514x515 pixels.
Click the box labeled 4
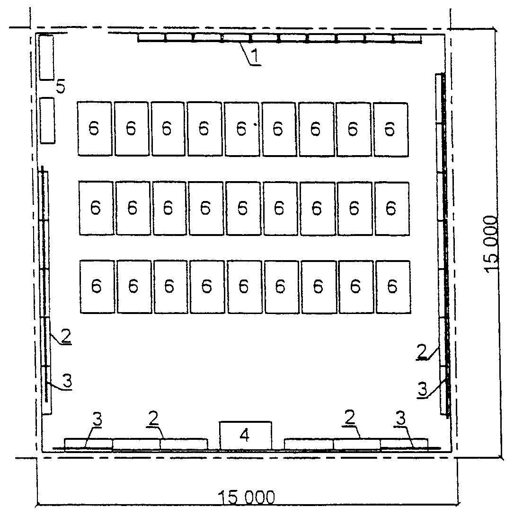[x=246, y=436]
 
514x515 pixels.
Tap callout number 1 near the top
[x=255, y=55]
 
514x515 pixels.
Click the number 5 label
[x=61, y=87]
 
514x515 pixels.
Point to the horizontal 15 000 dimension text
[x=247, y=497]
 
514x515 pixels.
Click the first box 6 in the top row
[x=95, y=129]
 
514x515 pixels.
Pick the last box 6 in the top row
[x=391, y=130]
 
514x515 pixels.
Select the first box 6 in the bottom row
[x=97, y=287]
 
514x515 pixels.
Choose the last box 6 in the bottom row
[x=393, y=287]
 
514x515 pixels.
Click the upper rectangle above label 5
[x=46, y=57]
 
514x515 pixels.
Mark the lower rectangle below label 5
[x=47, y=120]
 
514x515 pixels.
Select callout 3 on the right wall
[x=423, y=389]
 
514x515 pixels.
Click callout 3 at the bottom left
[x=97, y=419]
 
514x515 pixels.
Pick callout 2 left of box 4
[x=153, y=418]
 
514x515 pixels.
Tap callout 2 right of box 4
[x=350, y=417]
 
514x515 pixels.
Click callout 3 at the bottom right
[x=400, y=418]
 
